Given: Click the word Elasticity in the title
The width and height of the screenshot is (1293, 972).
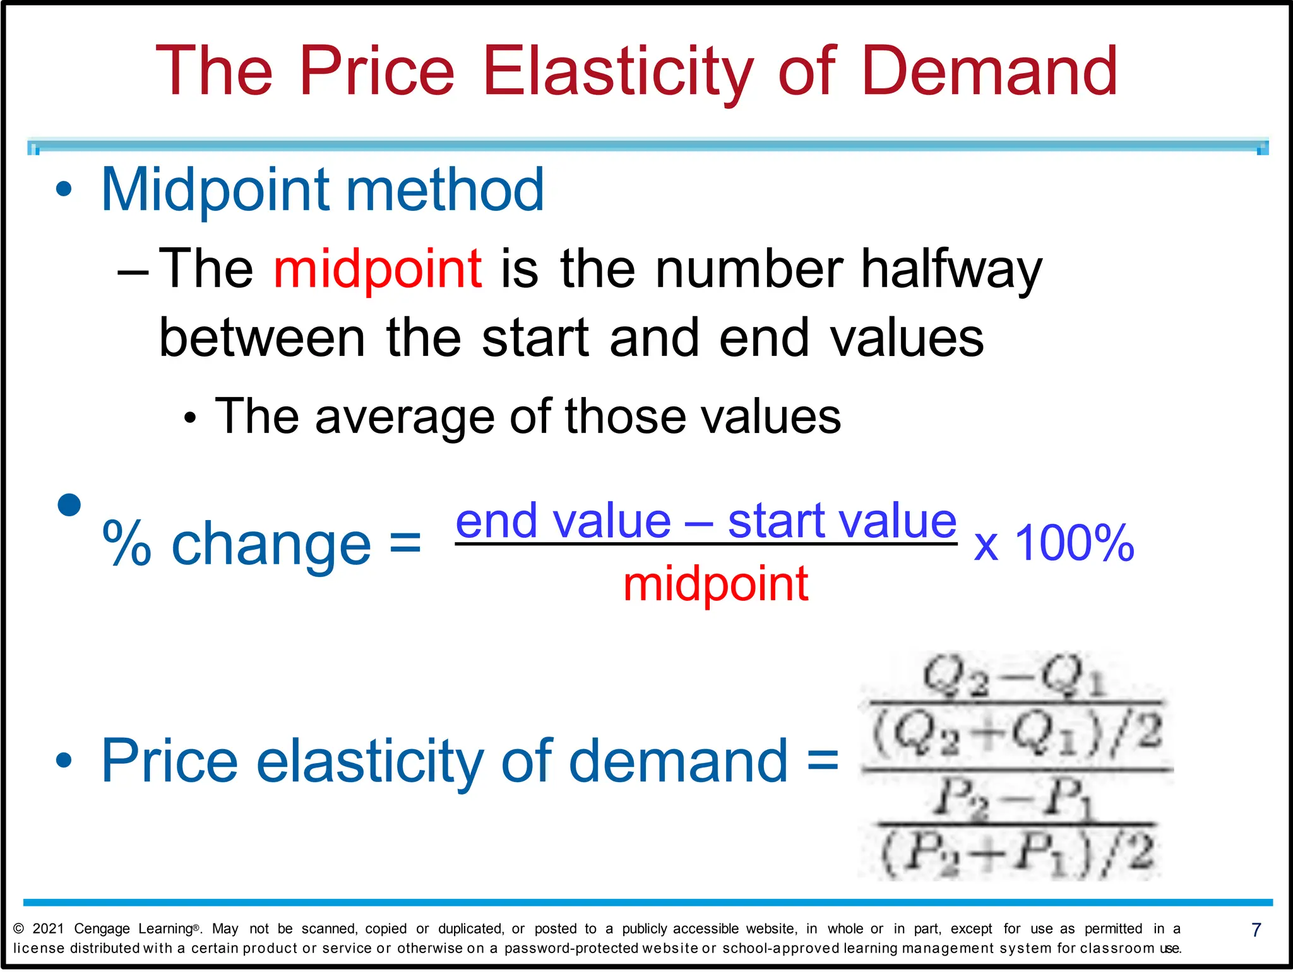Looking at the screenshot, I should [617, 71].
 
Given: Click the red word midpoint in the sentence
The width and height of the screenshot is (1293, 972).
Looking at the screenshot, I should [378, 268].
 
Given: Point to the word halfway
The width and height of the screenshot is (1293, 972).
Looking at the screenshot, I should [951, 268].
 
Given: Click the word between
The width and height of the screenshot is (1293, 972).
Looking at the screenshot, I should [262, 338].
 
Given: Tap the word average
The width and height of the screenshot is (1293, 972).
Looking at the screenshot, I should [404, 417].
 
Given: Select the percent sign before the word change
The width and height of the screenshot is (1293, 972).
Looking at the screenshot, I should [127, 543].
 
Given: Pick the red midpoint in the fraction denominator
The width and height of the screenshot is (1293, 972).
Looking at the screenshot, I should [715, 584].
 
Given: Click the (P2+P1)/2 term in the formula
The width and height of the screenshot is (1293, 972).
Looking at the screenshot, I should [1016, 854].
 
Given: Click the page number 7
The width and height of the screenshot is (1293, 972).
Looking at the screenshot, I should [1256, 930].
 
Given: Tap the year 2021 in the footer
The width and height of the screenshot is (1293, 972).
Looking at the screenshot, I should [48, 928].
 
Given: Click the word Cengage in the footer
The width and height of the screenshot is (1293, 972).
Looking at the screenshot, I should [102, 928].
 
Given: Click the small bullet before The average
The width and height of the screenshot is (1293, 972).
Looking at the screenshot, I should [190, 418].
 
